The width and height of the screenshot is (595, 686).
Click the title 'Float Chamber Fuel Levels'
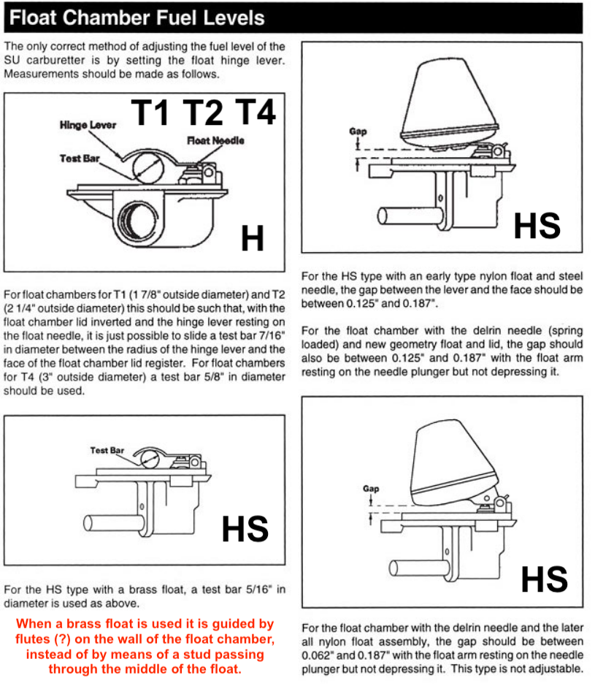click(139, 18)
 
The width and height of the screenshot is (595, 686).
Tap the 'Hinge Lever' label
click(88, 126)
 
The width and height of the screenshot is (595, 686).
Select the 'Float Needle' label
click(215, 140)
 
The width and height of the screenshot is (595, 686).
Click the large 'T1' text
click(152, 113)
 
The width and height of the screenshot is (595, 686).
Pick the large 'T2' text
click(203, 113)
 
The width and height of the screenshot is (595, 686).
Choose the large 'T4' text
click(255, 113)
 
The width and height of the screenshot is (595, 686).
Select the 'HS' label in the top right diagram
click(537, 226)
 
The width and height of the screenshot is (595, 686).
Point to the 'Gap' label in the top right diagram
click(358, 132)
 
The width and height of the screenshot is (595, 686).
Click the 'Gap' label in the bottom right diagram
click(371, 489)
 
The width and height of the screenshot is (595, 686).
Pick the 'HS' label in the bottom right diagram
click(544, 579)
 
